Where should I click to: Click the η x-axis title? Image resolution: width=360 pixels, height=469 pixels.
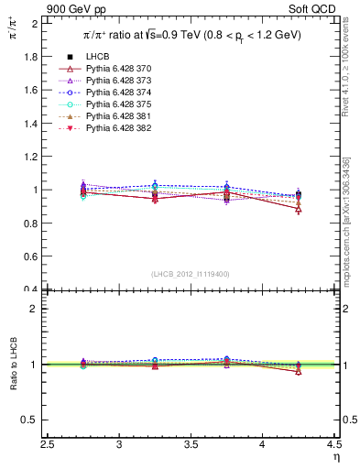[x=335, y=455]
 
